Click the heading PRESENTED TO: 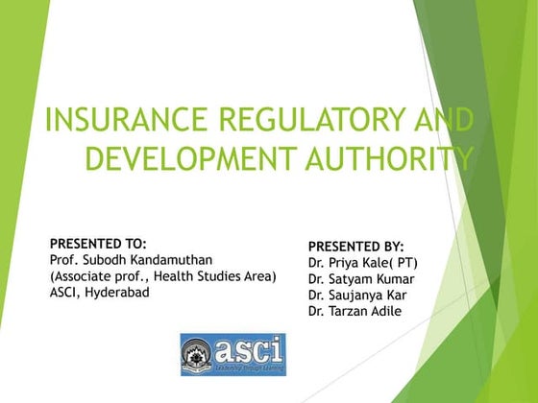(98, 244)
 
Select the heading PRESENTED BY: (356, 247)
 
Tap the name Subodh (101, 260)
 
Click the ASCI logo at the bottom (232, 354)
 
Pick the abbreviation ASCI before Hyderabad (65, 293)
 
